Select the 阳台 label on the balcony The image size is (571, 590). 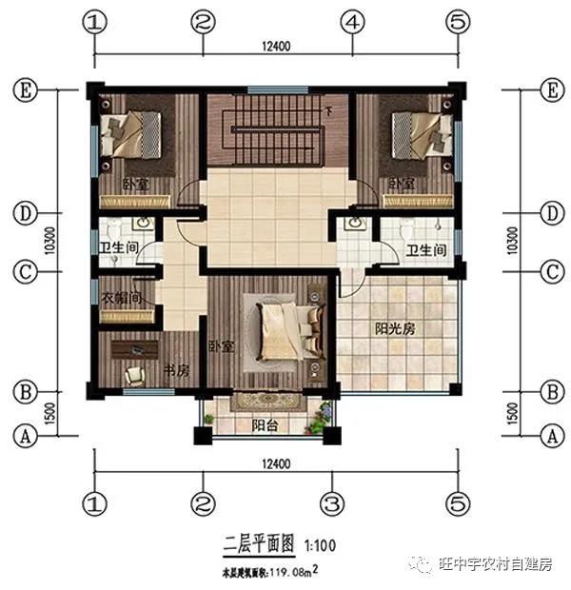pyautogui.click(x=265, y=425)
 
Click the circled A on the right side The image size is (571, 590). pyautogui.click(x=546, y=437)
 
